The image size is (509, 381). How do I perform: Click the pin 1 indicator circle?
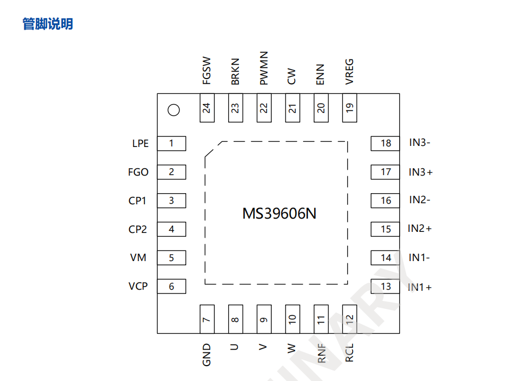[x=173, y=110]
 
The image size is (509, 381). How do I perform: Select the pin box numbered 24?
[x=207, y=108]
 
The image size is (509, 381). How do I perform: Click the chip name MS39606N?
[x=279, y=214]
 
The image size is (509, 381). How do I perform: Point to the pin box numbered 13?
[x=385, y=287]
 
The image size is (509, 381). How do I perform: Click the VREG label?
[x=349, y=72]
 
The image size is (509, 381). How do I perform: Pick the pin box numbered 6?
[x=172, y=287]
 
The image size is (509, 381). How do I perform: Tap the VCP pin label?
[x=138, y=287]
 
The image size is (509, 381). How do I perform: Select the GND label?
[x=207, y=354]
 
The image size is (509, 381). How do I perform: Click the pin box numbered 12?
[x=349, y=319]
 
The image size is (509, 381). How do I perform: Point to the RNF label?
[x=322, y=353]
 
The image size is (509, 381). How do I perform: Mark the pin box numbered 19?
[x=349, y=108]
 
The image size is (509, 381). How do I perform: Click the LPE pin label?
[x=140, y=144]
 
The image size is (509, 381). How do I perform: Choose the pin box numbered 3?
[x=172, y=201]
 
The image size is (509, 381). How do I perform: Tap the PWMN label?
[x=264, y=68]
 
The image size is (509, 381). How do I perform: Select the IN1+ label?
[x=420, y=287]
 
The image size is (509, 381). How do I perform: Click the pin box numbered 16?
[x=385, y=201]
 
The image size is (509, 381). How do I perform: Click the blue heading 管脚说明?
[x=48, y=24]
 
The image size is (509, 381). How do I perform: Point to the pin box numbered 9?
[x=264, y=319]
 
